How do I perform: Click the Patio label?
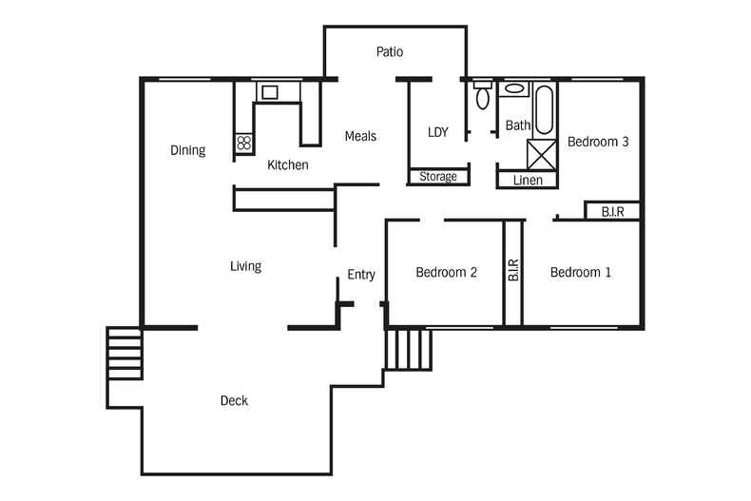pyautogui.click(x=390, y=51)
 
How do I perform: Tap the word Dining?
pyautogui.click(x=187, y=150)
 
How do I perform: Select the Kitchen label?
pyautogui.click(x=287, y=165)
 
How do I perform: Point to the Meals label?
pyautogui.click(x=360, y=136)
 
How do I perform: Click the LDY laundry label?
pyautogui.click(x=437, y=132)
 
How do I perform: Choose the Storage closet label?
pyautogui.click(x=438, y=177)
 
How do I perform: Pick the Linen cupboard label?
pyautogui.click(x=528, y=180)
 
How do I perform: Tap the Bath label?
pyautogui.click(x=517, y=125)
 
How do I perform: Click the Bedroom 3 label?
pyautogui.click(x=598, y=142)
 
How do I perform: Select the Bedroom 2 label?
pyautogui.click(x=446, y=273)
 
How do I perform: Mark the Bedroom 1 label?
pyautogui.click(x=581, y=273)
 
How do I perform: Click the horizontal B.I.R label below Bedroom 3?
pyautogui.click(x=612, y=212)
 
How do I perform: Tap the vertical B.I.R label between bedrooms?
pyautogui.click(x=513, y=271)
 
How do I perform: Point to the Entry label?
pyautogui.click(x=361, y=275)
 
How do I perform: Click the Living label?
pyautogui.click(x=245, y=266)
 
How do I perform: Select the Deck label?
pyautogui.click(x=234, y=401)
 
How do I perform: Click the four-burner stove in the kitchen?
pyautogui.click(x=244, y=144)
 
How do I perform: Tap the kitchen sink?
pyautogui.click(x=270, y=92)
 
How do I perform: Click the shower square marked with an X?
pyautogui.click(x=542, y=153)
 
